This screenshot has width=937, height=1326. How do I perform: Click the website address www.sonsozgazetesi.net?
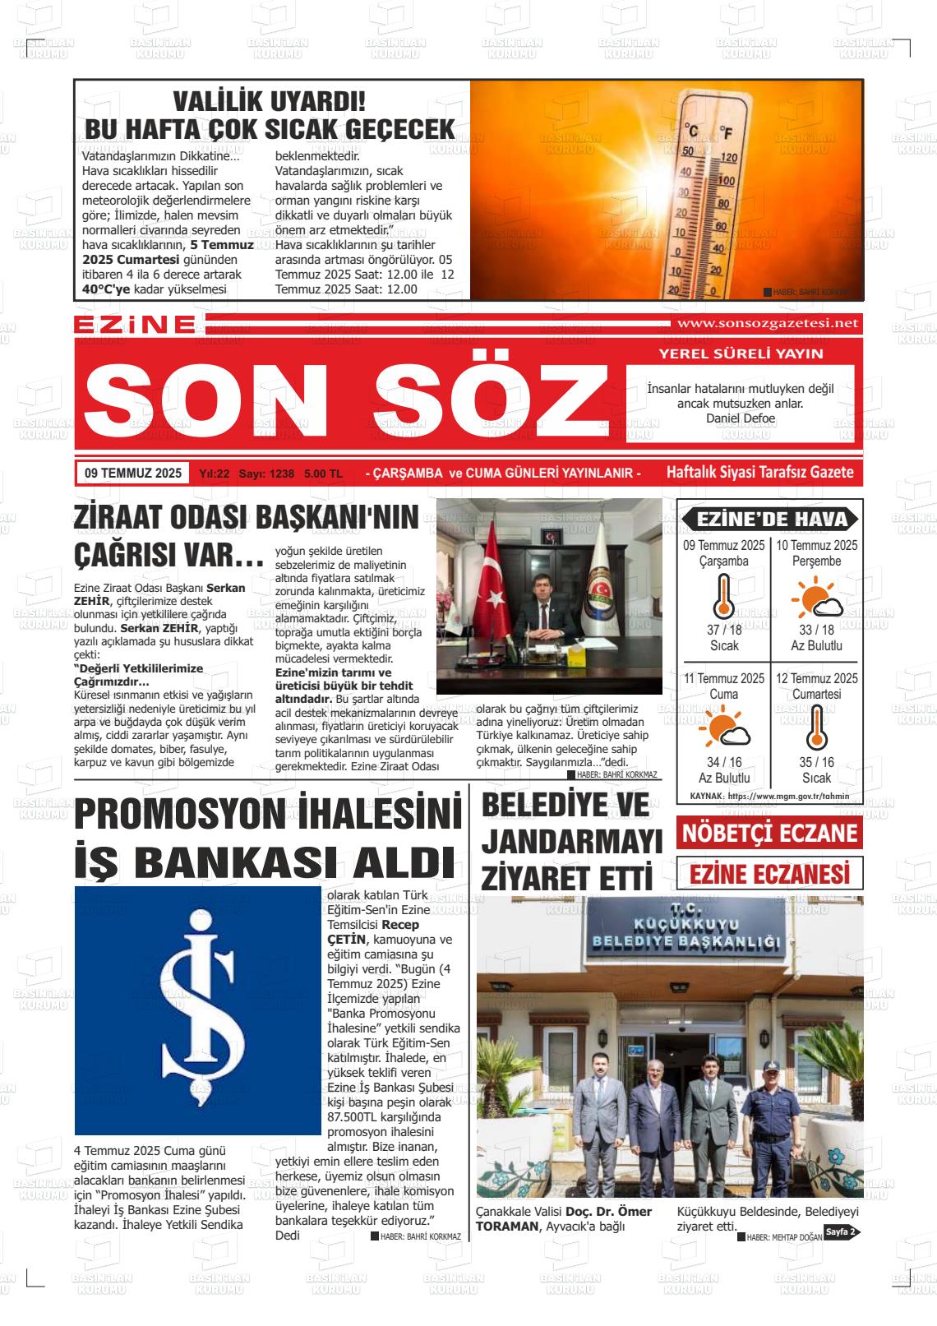pyautogui.click(x=766, y=323)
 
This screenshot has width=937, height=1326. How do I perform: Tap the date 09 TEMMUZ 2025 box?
pyautogui.click(x=133, y=474)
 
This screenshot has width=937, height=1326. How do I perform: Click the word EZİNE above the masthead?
pyautogui.click(x=134, y=325)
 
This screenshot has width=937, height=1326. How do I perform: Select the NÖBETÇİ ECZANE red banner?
pyautogui.click(x=769, y=834)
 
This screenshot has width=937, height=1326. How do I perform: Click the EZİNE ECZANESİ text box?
pyautogui.click(x=769, y=874)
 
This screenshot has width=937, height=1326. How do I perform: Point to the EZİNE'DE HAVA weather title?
pyautogui.click(x=770, y=519)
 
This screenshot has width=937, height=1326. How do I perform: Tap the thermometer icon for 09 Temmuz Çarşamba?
pyautogui.click(x=723, y=596)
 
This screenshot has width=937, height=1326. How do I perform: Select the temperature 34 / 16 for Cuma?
pyautogui.click(x=724, y=762)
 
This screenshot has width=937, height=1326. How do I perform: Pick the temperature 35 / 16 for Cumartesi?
pyautogui.click(x=816, y=762)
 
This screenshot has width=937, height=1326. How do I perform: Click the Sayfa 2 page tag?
pyautogui.click(x=842, y=1231)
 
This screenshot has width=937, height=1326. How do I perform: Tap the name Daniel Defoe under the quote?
pyautogui.click(x=740, y=418)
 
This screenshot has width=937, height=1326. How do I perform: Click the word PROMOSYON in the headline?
pyautogui.click(x=196, y=815)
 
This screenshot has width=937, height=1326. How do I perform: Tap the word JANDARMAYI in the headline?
pyautogui.click(x=572, y=841)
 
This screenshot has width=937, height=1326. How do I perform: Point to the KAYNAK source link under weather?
pyautogui.click(x=769, y=796)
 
